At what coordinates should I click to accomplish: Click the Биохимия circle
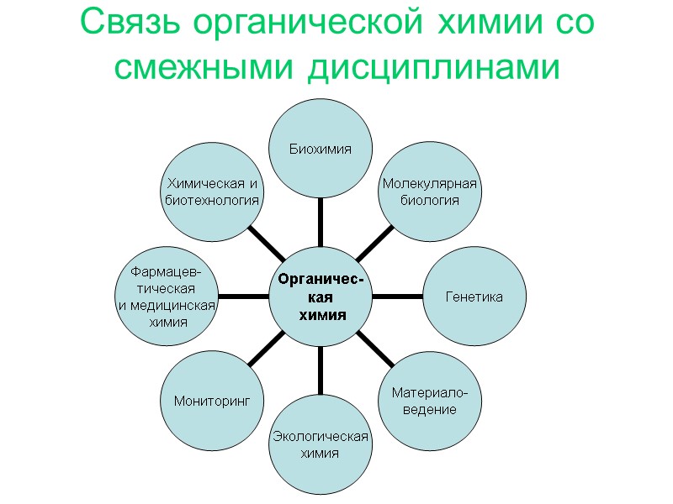point(321,148)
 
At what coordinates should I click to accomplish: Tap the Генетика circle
point(474,297)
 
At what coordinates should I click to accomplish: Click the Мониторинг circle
point(213,402)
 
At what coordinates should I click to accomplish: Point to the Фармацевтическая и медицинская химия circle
point(167,297)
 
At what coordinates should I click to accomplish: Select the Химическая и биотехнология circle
point(212,192)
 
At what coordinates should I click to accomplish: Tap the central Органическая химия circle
point(321,296)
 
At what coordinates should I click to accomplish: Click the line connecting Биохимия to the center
point(321,221)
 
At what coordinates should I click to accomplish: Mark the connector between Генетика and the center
point(397,296)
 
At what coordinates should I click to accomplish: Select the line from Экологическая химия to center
point(321,370)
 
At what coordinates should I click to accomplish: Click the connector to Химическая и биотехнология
point(267,244)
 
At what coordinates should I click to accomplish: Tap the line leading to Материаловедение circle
point(375,349)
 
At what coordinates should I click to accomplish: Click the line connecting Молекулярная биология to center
point(374,244)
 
